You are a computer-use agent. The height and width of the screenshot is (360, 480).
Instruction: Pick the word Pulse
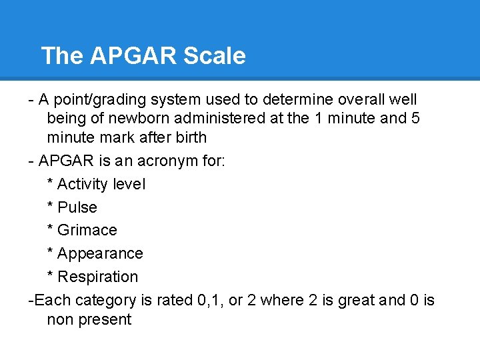click(77, 207)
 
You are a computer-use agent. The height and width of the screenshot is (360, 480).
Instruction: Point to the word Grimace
click(87, 230)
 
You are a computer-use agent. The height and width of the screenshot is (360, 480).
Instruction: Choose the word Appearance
click(100, 253)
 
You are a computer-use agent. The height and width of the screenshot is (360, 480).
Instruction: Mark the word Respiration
click(98, 277)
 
